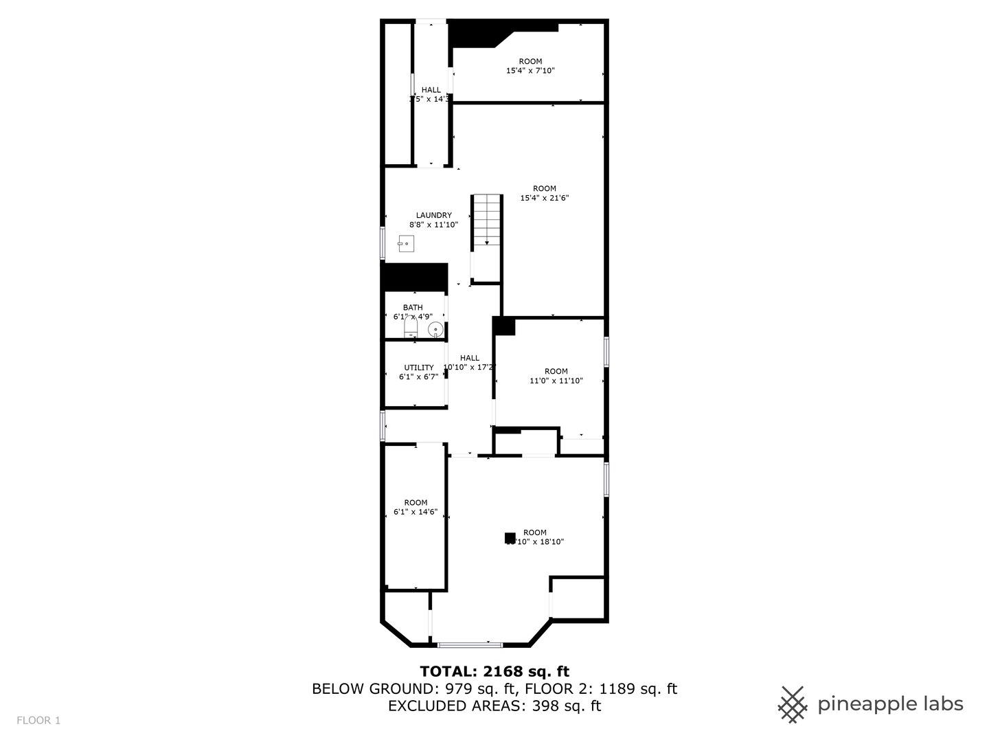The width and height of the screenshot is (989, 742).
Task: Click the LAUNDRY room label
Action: (433, 215)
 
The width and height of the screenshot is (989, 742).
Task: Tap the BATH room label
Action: (413, 307)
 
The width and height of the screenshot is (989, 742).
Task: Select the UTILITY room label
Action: (418, 368)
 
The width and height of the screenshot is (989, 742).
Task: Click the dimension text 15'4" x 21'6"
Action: (544, 198)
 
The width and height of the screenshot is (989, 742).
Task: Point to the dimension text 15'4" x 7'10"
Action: (530, 71)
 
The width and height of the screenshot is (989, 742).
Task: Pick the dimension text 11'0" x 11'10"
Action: (556, 381)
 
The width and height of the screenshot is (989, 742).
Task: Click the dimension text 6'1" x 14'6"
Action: (416, 512)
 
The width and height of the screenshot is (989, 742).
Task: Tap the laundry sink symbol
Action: (406, 243)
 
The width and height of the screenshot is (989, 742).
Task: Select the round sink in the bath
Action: (435, 330)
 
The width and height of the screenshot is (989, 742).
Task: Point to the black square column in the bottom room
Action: (510, 538)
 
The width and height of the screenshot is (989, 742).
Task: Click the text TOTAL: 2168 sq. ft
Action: (494, 671)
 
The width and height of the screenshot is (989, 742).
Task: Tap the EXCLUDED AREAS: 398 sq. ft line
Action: (494, 706)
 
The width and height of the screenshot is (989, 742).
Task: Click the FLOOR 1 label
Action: (38, 720)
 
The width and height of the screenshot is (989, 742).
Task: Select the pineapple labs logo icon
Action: (793, 704)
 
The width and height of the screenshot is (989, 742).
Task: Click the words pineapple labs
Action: (890, 704)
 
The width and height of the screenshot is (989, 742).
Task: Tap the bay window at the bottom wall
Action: (470, 644)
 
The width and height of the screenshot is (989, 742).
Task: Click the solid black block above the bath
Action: (415, 277)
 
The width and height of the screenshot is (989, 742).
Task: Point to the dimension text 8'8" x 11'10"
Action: (433, 225)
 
